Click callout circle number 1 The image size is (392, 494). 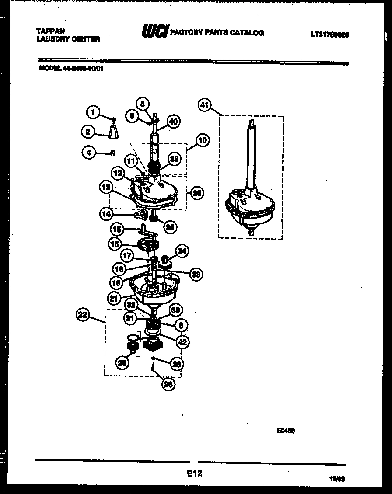tap(92, 112)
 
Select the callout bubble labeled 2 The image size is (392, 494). tap(87, 131)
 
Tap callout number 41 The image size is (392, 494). tap(204, 105)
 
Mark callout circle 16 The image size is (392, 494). tap(115, 244)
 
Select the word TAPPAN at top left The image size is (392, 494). tap(50, 31)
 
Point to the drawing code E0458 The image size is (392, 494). tap(285, 430)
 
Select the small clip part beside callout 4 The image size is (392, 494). tap(113, 153)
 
